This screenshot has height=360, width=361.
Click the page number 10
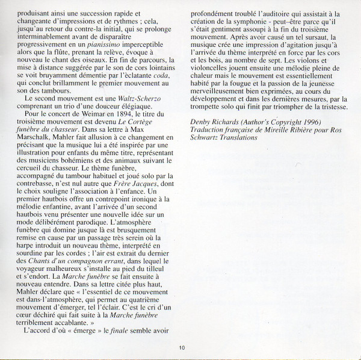[181, 348]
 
